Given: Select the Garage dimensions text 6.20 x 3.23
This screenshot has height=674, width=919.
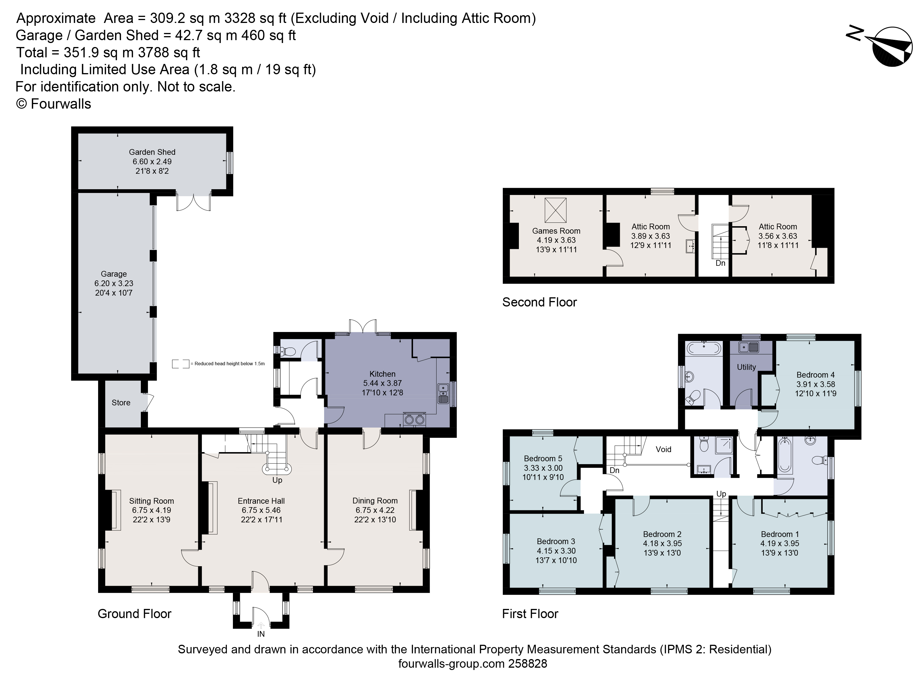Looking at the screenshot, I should [114, 283].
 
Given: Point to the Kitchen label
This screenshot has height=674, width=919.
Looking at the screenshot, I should [382, 374].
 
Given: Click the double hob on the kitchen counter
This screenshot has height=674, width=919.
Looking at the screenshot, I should [414, 419].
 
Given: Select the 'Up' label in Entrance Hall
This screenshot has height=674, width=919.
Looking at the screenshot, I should [277, 480].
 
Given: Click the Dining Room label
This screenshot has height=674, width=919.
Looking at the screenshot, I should [375, 501].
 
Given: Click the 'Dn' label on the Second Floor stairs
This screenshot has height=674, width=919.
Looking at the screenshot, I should [720, 263].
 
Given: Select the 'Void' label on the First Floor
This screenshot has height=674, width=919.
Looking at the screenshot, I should [663, 449].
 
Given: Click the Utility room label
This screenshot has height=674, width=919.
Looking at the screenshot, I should [746, 367].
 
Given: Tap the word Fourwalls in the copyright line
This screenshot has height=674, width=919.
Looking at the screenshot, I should [61, 104].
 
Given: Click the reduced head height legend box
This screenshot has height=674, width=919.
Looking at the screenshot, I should [180, 364].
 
